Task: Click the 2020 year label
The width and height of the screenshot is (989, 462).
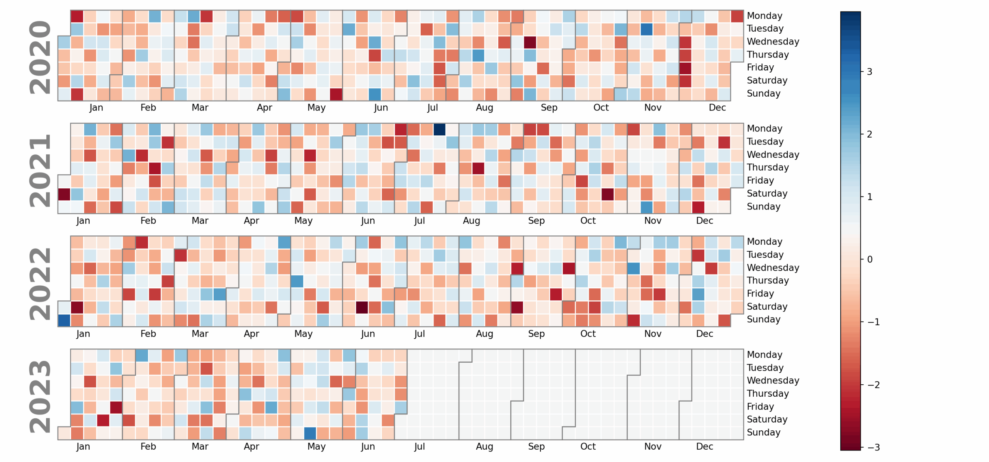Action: point(40,57)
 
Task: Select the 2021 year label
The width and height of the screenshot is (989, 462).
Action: point(40,170)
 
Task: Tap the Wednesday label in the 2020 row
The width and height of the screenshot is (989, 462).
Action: point(773,42)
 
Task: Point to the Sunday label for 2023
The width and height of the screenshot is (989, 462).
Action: point(763,433)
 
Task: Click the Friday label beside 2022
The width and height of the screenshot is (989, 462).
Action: point(760,294)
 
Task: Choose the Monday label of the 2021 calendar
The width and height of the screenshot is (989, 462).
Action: point(764,129)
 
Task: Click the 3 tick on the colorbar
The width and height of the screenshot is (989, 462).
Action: point(869,72)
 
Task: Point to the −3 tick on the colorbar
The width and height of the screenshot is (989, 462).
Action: point(873,448)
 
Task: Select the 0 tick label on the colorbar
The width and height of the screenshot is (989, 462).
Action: point(869,260)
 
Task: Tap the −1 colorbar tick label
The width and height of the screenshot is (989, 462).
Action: point(873,322)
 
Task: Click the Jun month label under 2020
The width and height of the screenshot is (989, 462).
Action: point(381,108)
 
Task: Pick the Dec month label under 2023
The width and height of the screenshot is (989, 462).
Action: point(704,447)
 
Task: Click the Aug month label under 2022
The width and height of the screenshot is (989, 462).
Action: point(484,334)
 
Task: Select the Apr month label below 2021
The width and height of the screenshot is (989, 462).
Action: point(251,221)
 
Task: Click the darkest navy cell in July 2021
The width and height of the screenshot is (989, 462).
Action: point(439,130)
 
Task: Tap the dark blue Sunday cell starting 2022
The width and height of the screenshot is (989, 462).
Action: point(64,321)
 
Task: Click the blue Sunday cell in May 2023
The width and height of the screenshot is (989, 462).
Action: point(310,433)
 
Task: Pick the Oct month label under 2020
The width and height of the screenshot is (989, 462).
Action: point(601,108)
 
